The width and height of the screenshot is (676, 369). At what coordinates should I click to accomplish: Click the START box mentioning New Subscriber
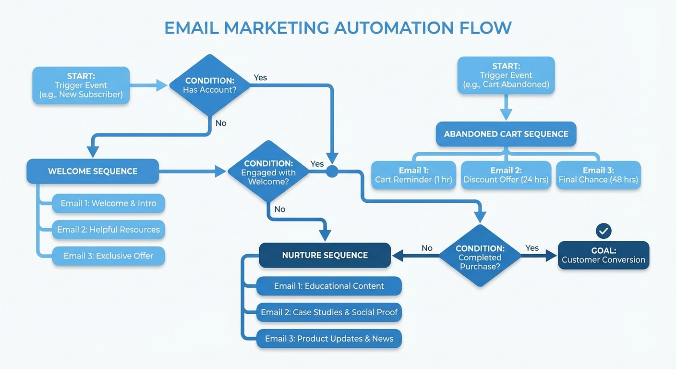point(81,86)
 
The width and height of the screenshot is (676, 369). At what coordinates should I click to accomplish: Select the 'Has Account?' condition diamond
point(210,85)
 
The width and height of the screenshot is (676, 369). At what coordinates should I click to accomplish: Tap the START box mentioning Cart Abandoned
point(506,75)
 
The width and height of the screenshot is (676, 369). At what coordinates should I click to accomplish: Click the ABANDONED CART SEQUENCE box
point(506,134)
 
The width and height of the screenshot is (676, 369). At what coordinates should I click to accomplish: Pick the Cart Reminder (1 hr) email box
point(413,175)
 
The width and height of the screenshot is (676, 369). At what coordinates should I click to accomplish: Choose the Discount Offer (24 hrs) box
point(506,175)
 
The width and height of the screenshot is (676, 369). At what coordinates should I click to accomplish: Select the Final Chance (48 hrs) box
point(598,175)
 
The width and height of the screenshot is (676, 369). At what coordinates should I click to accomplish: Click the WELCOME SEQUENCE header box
point(93,171)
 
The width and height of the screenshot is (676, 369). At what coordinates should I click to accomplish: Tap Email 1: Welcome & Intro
point(109,203)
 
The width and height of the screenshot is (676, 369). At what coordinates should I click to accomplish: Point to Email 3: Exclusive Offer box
point(109,256)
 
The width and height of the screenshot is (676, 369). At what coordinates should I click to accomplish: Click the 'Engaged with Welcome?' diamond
point(268,172)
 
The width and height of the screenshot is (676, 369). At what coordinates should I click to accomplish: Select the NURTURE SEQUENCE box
point(325,255)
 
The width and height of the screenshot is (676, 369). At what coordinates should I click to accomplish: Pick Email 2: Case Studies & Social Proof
point(329,312)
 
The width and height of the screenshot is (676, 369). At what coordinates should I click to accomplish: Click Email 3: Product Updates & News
point(329,339)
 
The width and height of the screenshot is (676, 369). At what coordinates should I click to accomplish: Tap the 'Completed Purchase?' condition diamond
point(480,256)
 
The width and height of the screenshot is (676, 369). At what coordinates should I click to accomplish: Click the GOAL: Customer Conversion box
point(604,255)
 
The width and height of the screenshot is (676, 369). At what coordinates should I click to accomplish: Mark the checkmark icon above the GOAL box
point(604,231)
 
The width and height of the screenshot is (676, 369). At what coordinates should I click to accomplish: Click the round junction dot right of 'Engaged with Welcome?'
point(332,172)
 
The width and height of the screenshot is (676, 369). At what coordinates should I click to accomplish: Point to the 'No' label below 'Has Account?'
point(221,123)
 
